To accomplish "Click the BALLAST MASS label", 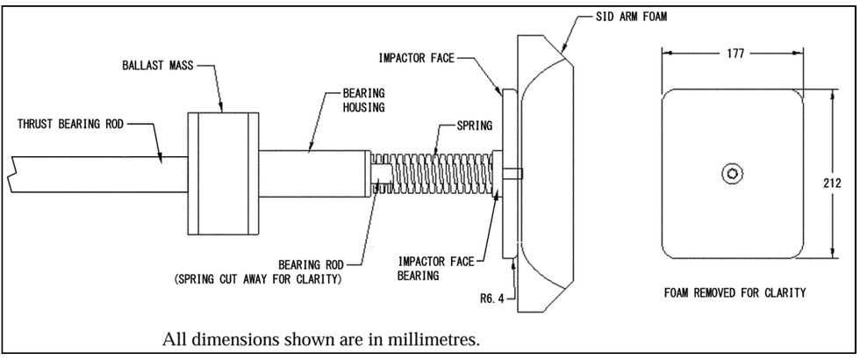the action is coord(157,65).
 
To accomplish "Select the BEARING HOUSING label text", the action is coord(363,100).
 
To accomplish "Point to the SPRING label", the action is coord(475,126).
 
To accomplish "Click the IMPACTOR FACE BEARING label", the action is coord(436,269).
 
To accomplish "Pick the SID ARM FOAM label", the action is coord(631,17).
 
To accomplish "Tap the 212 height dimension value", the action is coord(832,184).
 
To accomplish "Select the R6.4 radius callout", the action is coord(492,299).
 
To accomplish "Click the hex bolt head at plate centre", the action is coord(732,174).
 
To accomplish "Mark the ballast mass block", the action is coord(223,174).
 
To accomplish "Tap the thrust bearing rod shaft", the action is coord(98,174).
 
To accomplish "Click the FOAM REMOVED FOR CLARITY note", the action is coord(735,292).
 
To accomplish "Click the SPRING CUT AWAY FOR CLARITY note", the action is coord(258,279).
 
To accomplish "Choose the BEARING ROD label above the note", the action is coord(312,265).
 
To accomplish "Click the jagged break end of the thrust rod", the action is coord(12,174).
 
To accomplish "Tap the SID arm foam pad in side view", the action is coord(546,174).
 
